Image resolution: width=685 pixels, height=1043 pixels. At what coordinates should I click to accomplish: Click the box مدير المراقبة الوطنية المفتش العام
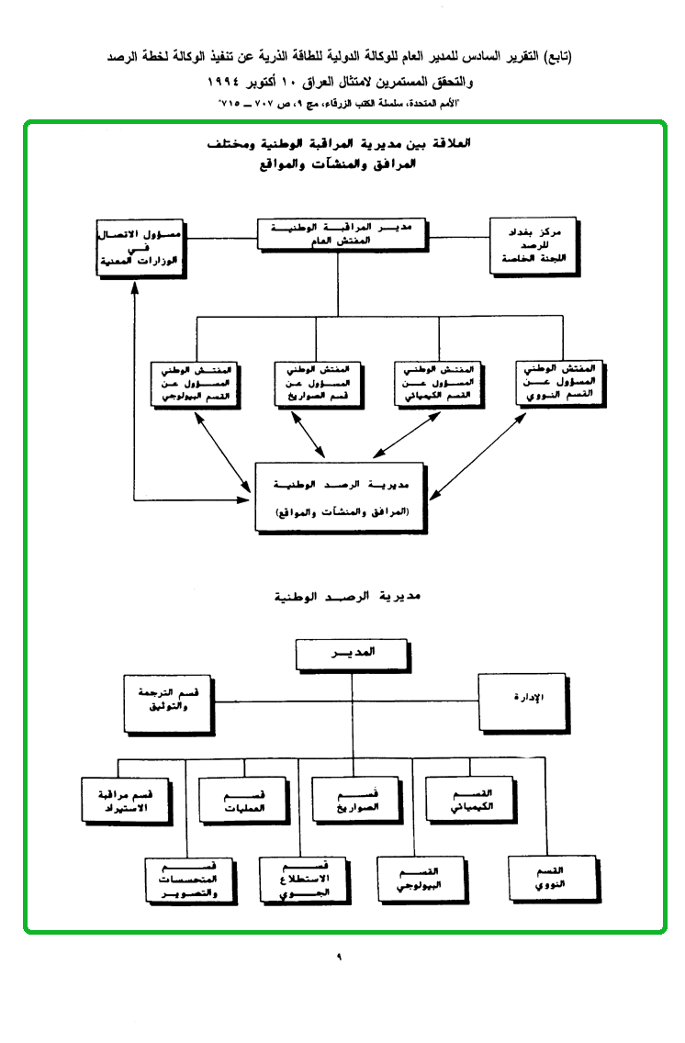[x=342, y=235]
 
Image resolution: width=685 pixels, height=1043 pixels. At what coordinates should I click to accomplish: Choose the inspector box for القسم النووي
[x=560, y=382]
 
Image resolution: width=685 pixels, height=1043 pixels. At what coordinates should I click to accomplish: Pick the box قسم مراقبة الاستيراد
[x=126, y=800]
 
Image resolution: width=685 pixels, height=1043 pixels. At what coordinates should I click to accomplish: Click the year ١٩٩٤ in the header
[x=241, y=83]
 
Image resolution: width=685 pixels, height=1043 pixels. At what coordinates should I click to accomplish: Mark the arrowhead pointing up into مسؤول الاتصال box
[x=135, y=280]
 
